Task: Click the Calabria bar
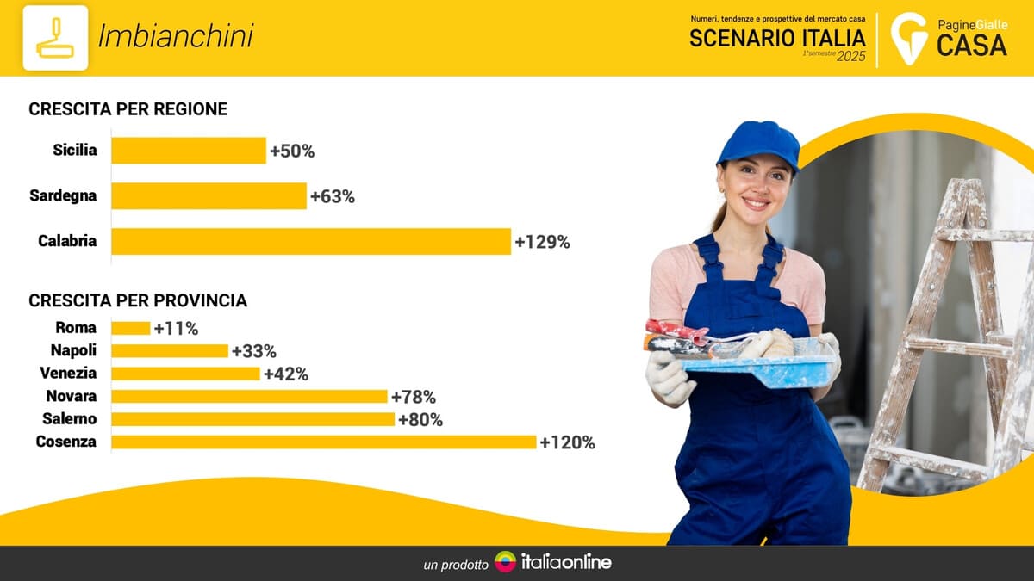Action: pos(310,241)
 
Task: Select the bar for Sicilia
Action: pos(188,151)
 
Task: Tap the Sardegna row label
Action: pos(63,195)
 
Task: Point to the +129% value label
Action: pos(542,242)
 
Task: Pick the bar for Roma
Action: pos(130,328)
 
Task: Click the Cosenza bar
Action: pos(323,442)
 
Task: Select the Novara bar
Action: pos(249,396)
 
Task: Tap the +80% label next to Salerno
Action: pos(420,419)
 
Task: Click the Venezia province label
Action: pos(68,373)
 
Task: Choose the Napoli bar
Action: pos(170,350)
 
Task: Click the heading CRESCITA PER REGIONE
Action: pos(128,109)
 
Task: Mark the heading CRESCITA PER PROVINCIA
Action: pos(138,300)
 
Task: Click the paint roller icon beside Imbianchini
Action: pos(55,38)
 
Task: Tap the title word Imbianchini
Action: pos(176,36)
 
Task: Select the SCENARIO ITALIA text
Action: pos(777,38)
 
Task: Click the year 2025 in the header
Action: pos(850,57)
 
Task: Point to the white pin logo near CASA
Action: pos(907,38)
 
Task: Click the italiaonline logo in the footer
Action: pos(553,562)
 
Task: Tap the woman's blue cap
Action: pos(758,141)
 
